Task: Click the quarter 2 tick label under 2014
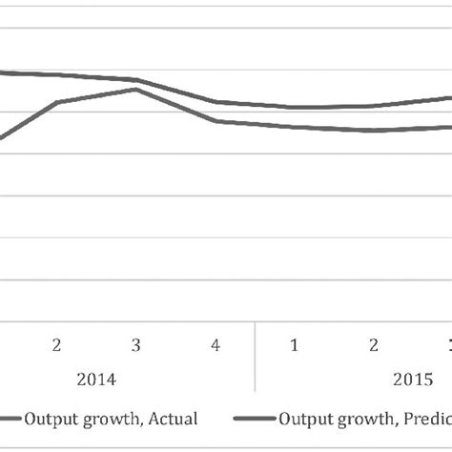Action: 57,344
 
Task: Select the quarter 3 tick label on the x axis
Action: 136,344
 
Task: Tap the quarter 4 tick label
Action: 216,344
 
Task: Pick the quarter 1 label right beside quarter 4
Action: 295,344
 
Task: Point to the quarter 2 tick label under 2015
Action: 374,344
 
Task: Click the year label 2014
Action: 96,379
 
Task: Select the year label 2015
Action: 412,379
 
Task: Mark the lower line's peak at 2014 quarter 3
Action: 136,90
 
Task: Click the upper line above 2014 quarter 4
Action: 216,102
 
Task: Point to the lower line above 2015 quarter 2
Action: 374,130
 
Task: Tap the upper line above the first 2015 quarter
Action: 295,107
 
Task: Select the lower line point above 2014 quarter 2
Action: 57,102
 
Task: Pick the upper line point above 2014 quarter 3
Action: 136,80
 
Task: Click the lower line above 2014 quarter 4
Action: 216,121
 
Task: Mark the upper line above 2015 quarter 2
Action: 374,106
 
